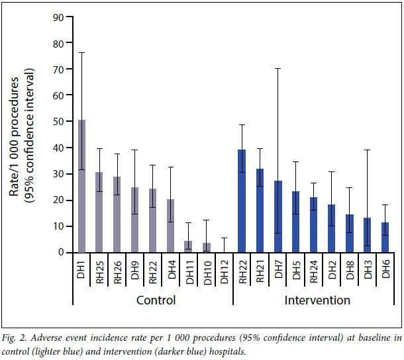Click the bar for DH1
(x=81, y=186)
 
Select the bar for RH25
(x=99, y=212)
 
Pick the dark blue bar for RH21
(x=259, y=210)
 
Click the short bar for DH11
(x=188, y=246)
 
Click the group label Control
(x=156, y=300)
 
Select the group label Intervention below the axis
(x=317, y=300)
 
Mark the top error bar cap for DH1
(x=81, y=52)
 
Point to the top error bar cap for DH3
(x=367, y=150)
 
